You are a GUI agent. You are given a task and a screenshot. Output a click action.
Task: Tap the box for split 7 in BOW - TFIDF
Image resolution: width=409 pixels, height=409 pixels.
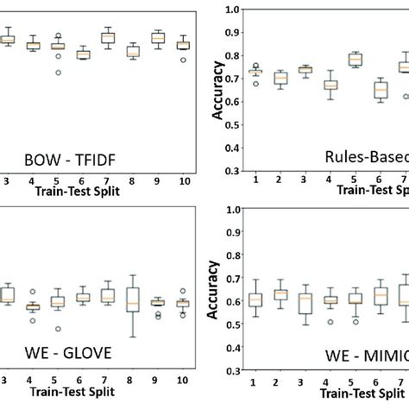(x=108, y=37)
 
